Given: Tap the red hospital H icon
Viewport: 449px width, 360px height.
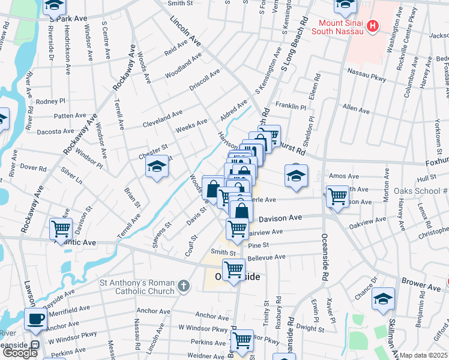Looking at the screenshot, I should click(x=373, y=26).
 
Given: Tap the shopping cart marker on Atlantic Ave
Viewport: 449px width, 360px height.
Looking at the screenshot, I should click(x=61, y=228).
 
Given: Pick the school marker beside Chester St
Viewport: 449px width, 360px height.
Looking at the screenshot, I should click(x=157, y=166).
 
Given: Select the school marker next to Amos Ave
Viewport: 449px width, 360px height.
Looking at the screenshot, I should click(x=296, y=175).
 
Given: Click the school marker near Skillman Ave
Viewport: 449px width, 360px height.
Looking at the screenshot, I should click(x=383, y=299).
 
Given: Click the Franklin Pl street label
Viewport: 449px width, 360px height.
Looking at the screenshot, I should click(x=291, y=105).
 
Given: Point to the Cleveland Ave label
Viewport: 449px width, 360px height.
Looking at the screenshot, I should click(x=162, y=119).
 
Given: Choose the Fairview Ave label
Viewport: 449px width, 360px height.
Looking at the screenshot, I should click(x=264, y=232).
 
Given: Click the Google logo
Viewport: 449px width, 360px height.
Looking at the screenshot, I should click(x=20, y=352).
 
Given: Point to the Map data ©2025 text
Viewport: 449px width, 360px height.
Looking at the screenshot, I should click(x=423, y=355).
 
